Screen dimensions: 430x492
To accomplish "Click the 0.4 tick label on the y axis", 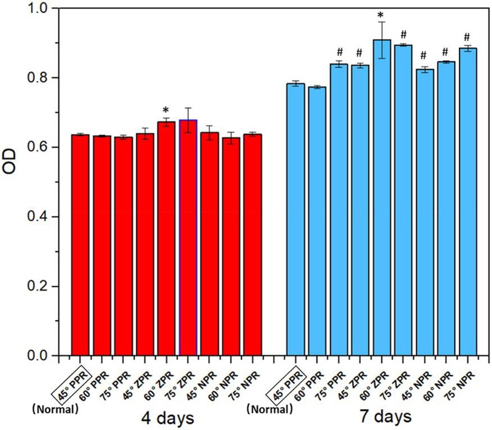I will pos(42,217).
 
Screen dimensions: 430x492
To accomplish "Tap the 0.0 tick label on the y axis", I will pos(42,356).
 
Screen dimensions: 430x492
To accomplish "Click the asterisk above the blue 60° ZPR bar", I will pos(382,16).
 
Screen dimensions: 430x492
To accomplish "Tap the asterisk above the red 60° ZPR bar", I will pos(166,110).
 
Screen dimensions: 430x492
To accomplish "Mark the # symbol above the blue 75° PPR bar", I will pos(339,52).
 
